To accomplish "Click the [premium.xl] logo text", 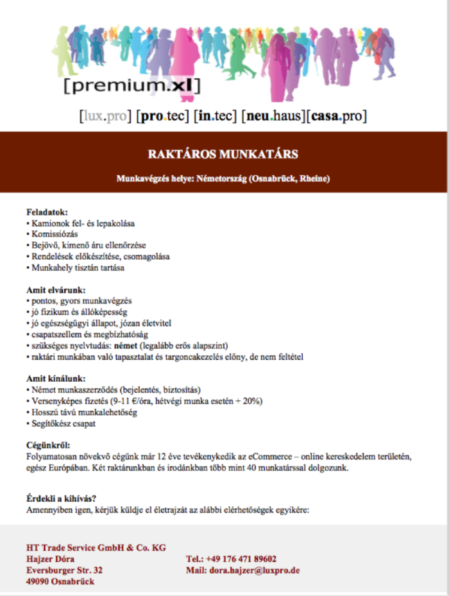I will [x=132, y=84].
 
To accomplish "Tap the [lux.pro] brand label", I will [x=105, y=117].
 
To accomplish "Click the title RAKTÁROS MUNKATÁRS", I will [x=223, y=155].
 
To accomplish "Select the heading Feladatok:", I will [x=47, y=212].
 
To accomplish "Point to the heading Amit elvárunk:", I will [x=56, y=290].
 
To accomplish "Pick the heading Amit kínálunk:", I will [x=56, y=379].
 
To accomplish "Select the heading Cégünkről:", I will [x=49, y=446].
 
